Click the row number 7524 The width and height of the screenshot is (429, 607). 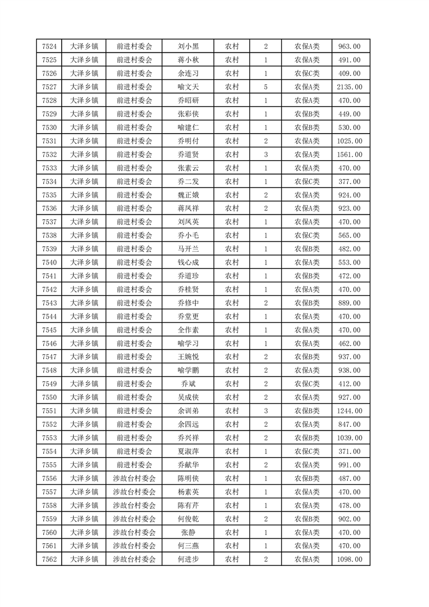(49, 47)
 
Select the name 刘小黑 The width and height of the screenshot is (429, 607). (188, 47)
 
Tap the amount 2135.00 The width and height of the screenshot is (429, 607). (349, 87)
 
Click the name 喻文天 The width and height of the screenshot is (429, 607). (188, 87)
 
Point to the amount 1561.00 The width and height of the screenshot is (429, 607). (349, 154)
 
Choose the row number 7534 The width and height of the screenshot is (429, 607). (49, 181)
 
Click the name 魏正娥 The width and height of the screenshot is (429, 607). (188, 195)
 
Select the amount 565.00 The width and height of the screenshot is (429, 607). (349, 235)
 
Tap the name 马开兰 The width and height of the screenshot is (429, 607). (188, 249)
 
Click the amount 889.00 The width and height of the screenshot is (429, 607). (349, 302)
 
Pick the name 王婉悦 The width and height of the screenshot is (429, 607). (188, 357)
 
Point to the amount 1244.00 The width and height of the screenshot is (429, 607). (349, 411)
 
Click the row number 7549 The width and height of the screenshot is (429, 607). (49, 384)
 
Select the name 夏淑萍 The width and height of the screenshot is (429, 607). (188, 451)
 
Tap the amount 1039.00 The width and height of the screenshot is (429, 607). (349, 438)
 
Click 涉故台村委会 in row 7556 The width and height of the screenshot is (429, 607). (134, 478)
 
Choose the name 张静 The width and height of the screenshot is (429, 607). (188, 532)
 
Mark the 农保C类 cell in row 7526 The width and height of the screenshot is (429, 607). (307, 73)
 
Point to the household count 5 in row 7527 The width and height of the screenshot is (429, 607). (266, 87)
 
